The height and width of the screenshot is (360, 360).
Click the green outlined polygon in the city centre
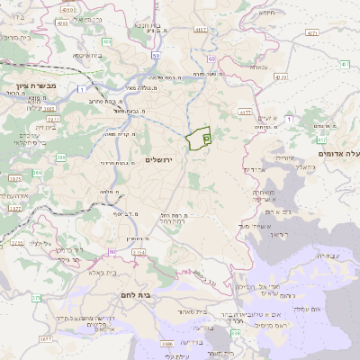click(x=199, y=139)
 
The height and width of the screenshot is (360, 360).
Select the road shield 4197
click(x=202, y=30)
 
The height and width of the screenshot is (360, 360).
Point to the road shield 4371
click(x=311, y=31)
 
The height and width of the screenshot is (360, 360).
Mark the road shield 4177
click(x=244, y=112)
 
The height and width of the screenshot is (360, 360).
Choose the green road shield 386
click(x=60, y=157)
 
